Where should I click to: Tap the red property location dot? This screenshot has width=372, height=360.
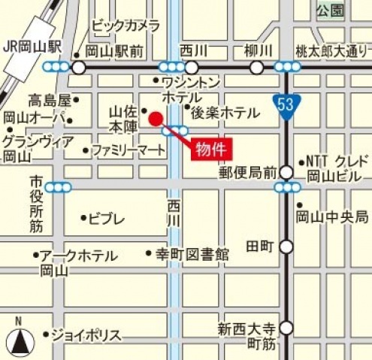155,118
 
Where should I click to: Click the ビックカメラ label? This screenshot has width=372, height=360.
126,26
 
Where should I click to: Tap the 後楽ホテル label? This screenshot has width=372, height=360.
225,113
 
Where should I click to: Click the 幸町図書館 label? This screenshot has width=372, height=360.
192,254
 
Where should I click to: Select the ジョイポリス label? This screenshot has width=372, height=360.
86,334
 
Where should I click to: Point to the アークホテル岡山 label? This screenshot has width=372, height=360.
78,262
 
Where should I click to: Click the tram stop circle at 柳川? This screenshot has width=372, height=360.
256,68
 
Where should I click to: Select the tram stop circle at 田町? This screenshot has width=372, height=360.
286,247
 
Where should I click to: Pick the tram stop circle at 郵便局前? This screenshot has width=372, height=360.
286,173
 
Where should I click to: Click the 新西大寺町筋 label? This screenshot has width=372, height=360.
247,335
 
